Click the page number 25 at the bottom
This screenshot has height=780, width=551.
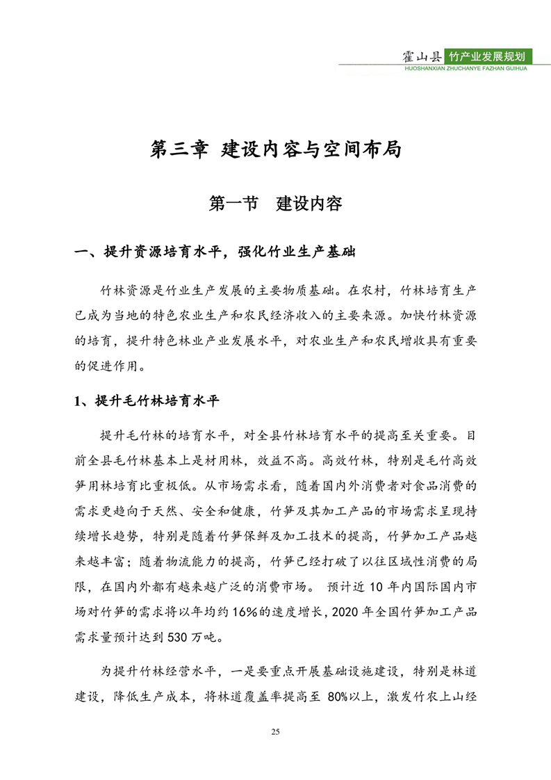(276, 732)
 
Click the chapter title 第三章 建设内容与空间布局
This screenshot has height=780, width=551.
(276, 149)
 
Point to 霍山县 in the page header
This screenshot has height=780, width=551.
(424, 56)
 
